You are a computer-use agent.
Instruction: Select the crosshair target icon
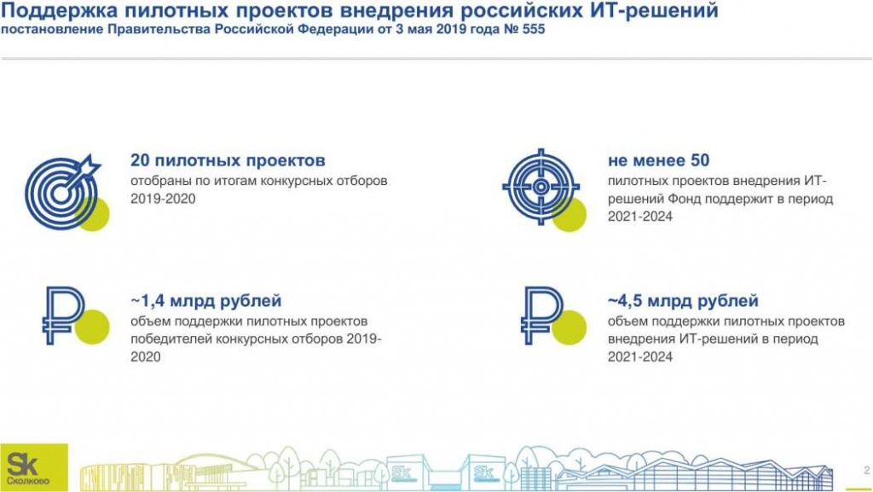click(541, 185)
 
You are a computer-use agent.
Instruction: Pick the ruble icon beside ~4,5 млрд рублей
click(542, 315)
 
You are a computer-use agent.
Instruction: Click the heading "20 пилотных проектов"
click(228, 160)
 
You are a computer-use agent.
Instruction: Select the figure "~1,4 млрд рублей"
click(205, 301)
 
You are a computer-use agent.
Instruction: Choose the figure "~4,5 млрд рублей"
click(683, 301)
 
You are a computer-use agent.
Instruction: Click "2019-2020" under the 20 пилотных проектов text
click(163, 199)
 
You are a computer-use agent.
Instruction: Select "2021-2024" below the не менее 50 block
click(640, 217)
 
